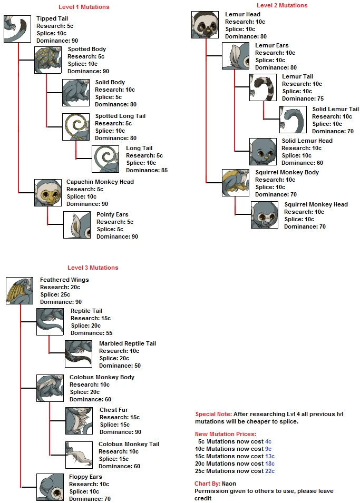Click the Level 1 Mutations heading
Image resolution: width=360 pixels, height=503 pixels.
(x=84, y=7)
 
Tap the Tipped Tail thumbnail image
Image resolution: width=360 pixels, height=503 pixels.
(x=17, y=29)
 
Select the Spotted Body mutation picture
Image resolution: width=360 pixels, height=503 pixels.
(x=48, y=60)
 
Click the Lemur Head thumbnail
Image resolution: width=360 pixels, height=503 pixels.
(x=205, y=25)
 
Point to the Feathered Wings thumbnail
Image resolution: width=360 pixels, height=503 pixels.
(x=20, y=291)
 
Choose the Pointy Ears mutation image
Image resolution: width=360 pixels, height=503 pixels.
(x=77, y=225)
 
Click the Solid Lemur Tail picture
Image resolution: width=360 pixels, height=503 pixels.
(x=293, y=120)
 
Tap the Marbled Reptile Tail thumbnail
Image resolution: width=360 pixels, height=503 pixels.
(x=79, y=354)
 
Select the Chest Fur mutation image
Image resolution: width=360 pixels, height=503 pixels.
(x=79, y=420)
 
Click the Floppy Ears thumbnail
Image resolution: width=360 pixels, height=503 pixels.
(x=50, y=487)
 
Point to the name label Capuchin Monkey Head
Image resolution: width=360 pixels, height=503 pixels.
(x=100, y=182)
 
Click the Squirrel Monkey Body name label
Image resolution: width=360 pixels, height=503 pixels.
(x=287, y=172)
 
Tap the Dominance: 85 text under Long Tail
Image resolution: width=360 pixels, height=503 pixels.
(x=147, y=170)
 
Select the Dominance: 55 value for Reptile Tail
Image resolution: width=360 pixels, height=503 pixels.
(x=92, y=333)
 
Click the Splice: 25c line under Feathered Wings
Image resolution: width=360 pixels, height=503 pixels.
(x=55, y=294)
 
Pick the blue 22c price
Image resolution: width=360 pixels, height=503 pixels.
(x=270, y=471)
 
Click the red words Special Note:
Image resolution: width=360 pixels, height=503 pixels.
(x=213, y=414)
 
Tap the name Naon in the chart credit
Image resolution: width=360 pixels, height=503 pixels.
(x=229, y=484)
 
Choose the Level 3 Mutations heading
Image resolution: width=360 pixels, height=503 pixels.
(x=93, y=268)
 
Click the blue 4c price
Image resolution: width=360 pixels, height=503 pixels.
(x=268, y=441)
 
